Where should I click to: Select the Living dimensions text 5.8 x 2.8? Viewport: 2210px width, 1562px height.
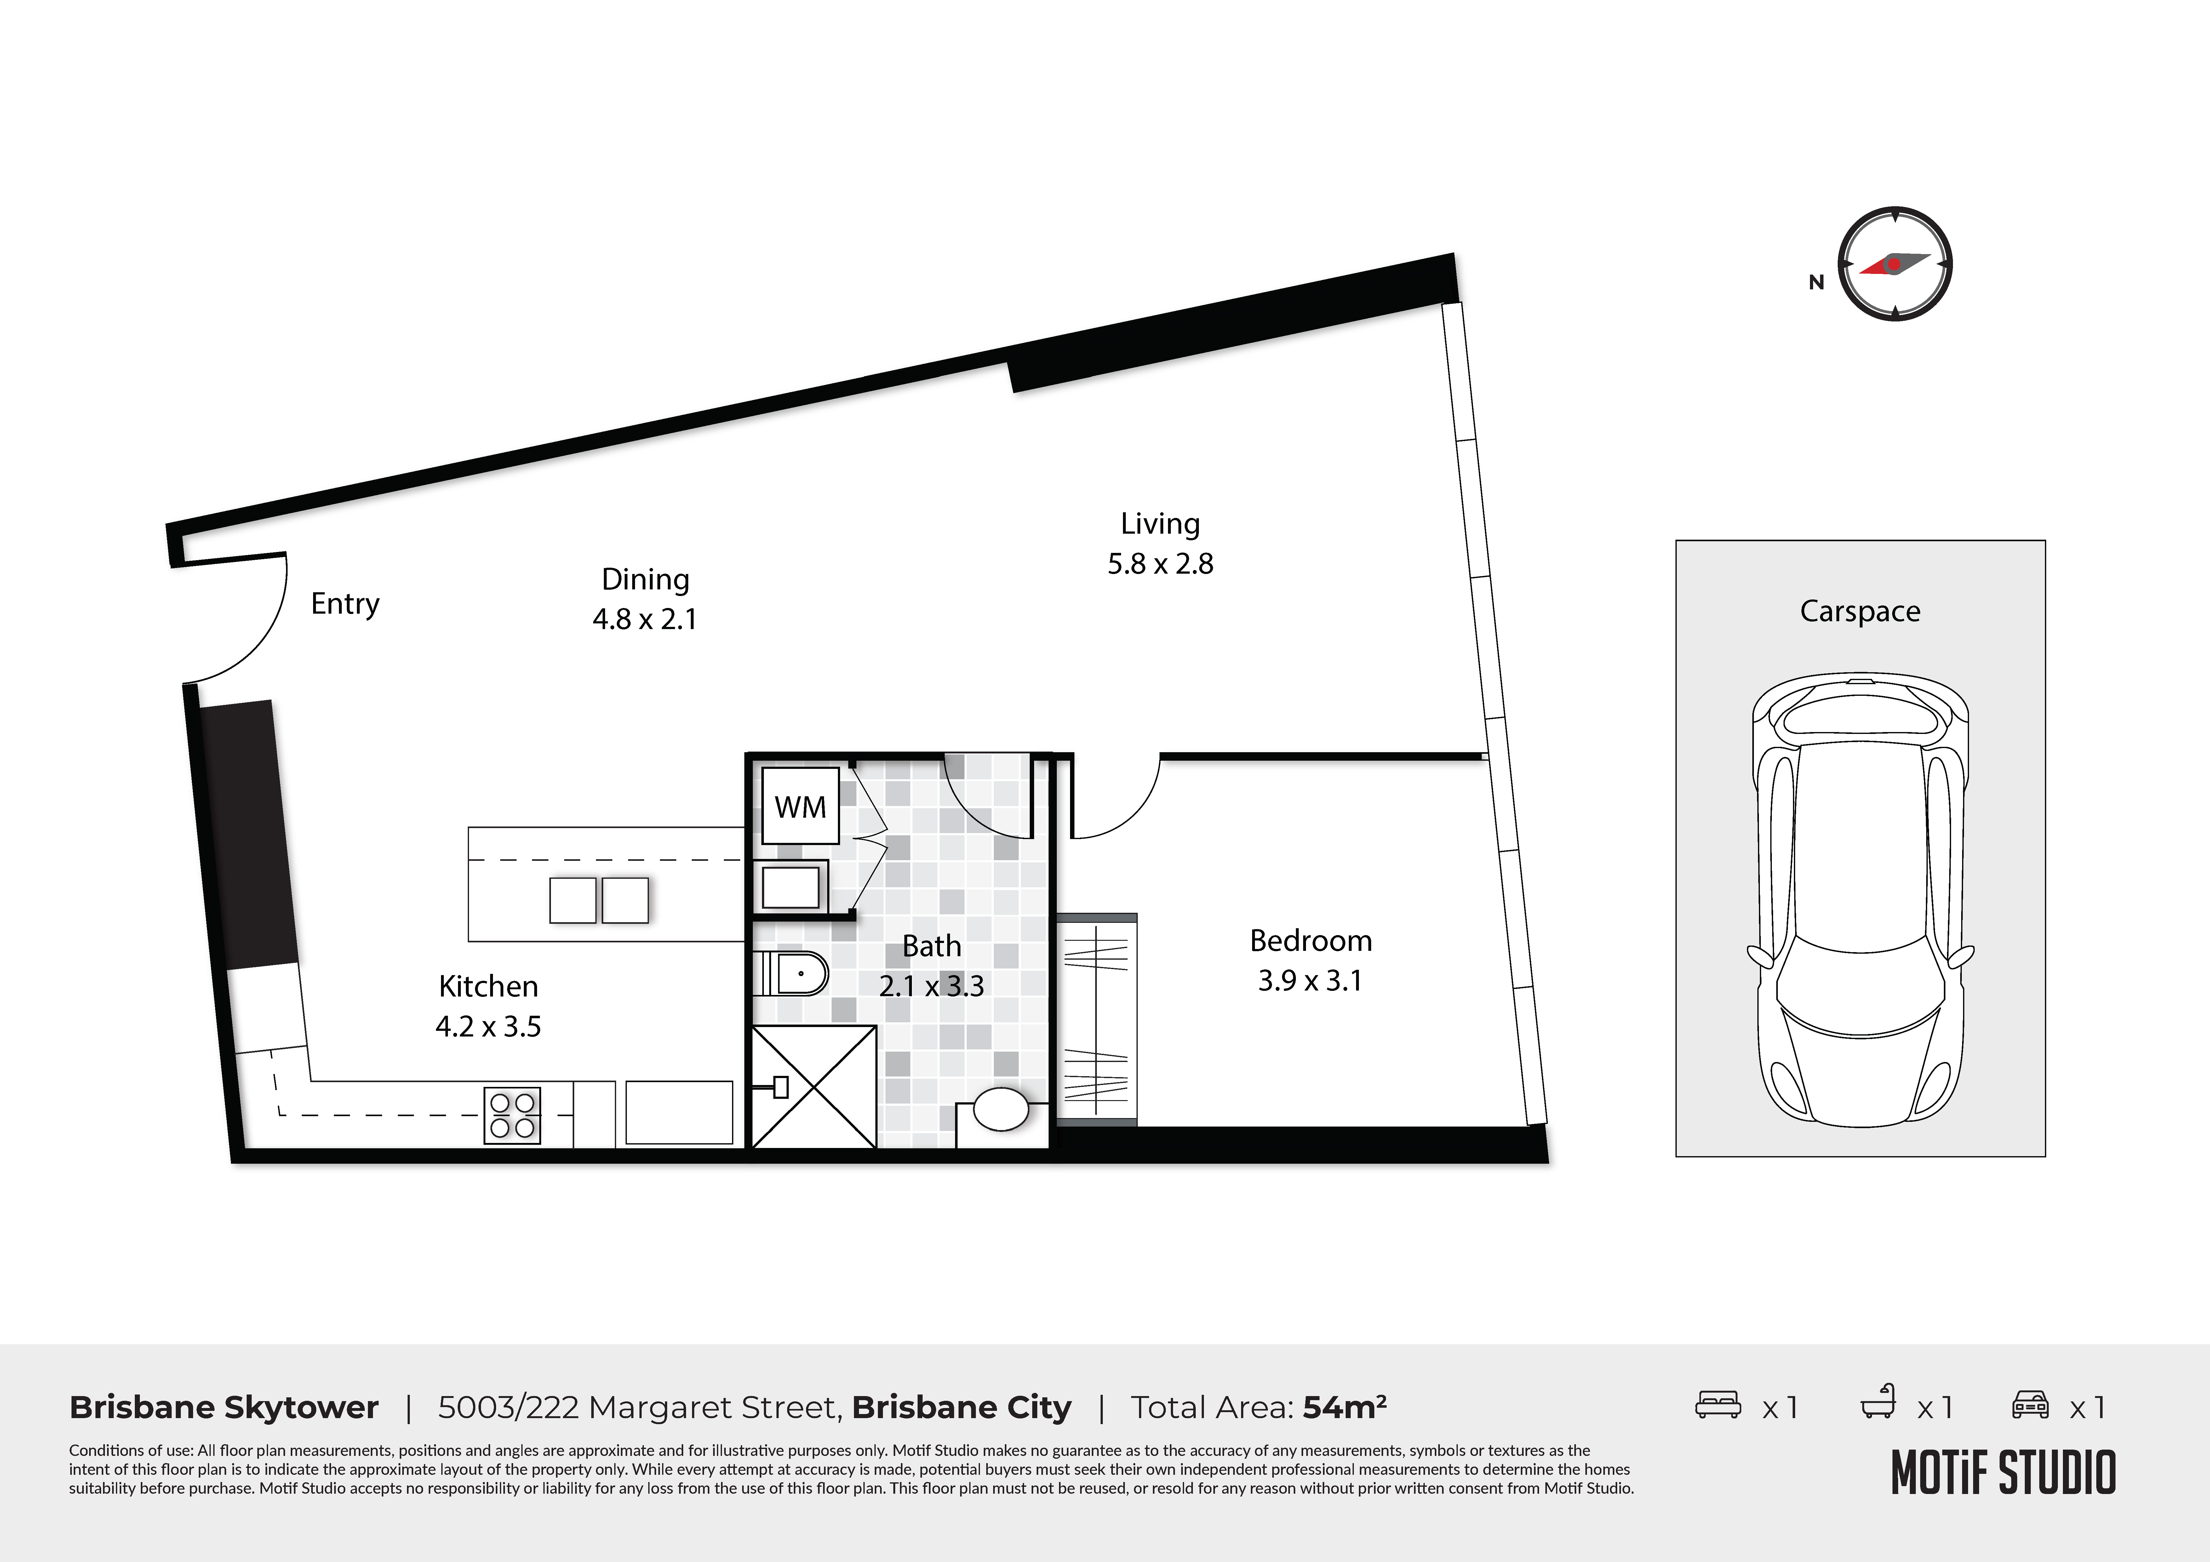(1160, 564)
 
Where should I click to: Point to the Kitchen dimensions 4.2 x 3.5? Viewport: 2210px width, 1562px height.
(488, 1027)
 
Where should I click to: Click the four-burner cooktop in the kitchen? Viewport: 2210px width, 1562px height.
(512, 1116)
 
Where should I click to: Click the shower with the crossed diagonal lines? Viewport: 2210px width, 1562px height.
(813, 1087)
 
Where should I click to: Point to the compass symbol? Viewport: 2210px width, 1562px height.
(1894, 264)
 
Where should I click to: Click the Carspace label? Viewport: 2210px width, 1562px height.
(1860, 611)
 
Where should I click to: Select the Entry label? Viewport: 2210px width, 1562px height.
(345, 604)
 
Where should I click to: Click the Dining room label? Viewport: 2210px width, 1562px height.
(645, 579)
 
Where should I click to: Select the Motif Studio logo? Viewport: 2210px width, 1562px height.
(2003, 1473)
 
